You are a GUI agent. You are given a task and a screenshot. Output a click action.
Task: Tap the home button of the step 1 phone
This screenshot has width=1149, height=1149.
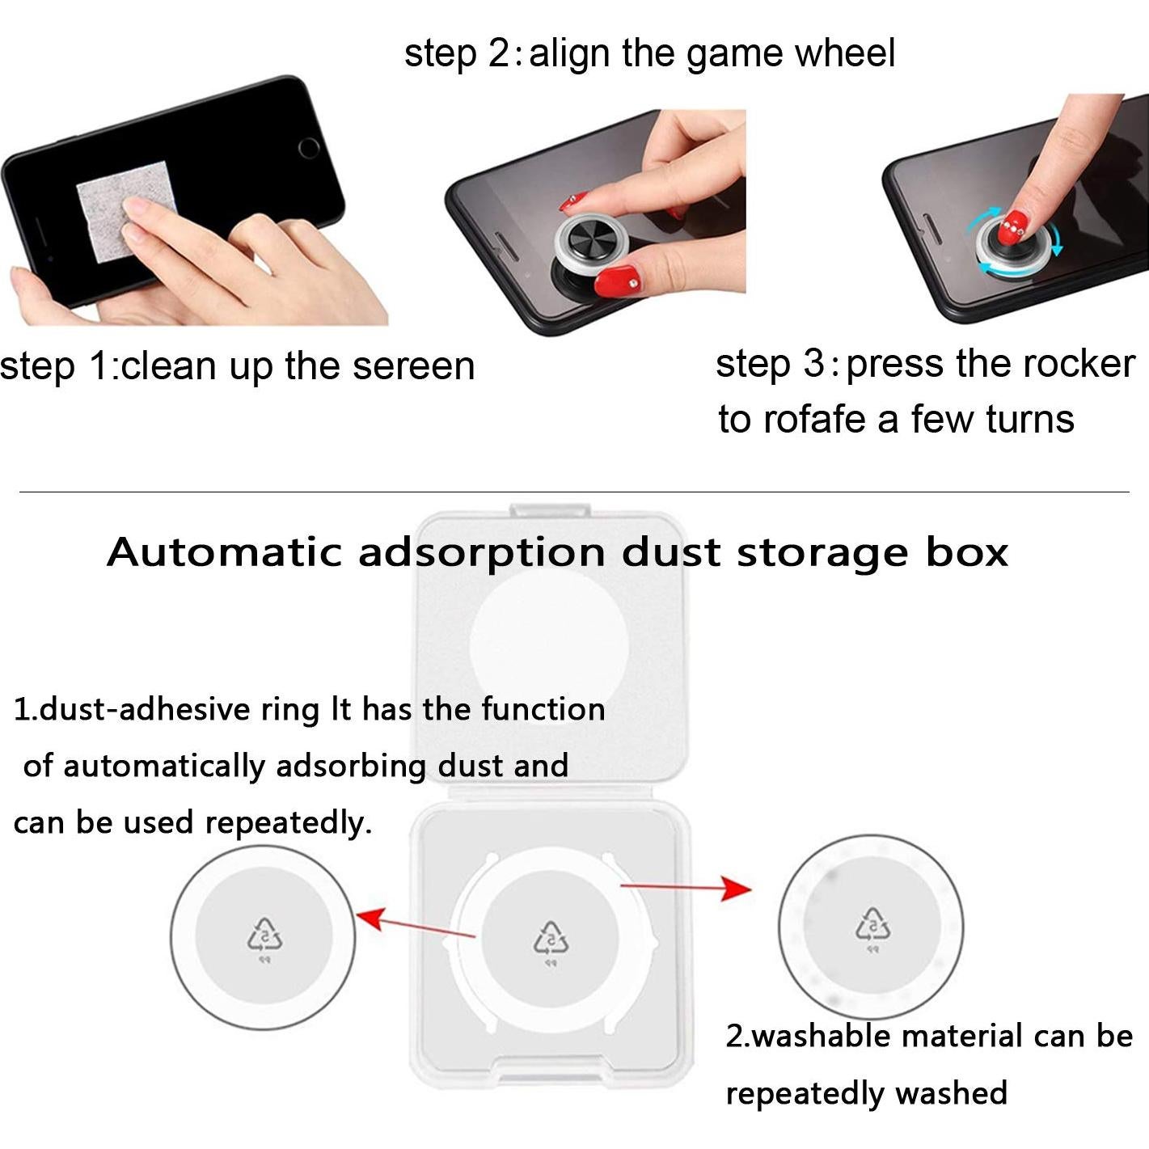pyautogui.click(x=309, y=148)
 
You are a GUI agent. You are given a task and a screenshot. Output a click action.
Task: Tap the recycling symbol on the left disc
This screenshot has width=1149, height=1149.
pyautogui.click(x=264, y=936)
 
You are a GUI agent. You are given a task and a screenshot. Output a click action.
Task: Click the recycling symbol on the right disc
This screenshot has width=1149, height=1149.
pyautogui.click(x=872, y=924)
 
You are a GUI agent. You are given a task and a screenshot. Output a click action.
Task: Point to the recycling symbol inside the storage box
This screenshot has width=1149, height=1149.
pyautogui.click(x=551, y=938)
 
